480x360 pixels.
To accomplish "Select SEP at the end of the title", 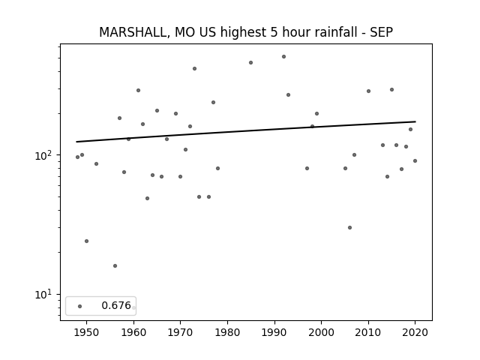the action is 382,32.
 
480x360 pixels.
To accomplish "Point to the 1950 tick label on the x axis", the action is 87,332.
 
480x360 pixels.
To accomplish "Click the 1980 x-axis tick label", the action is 227,332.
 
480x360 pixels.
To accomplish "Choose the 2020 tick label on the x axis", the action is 415,332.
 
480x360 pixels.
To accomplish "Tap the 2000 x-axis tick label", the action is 322,332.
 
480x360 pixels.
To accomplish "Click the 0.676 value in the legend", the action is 116,305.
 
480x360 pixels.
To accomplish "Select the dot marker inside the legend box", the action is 80,306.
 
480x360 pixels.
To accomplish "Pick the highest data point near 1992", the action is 283,57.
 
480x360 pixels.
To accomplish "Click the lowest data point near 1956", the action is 115,265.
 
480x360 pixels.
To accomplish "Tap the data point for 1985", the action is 250,63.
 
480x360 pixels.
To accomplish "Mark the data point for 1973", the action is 194,68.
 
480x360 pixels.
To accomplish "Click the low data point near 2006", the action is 349,227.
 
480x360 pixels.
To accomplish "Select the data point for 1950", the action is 87,241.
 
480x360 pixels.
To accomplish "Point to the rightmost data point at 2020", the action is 415,160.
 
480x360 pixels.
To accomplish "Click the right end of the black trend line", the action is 415,121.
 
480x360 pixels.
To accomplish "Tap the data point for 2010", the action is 368,91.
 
